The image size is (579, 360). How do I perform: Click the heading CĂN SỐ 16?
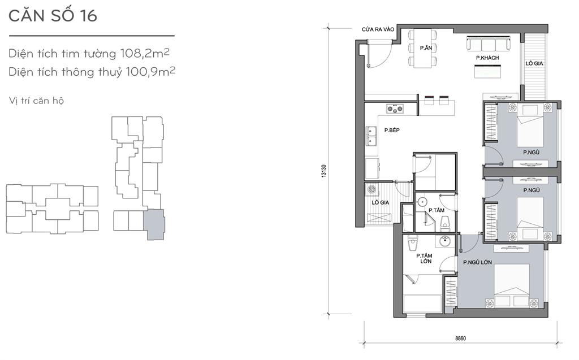tap(53, 15)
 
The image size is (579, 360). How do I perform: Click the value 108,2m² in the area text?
tap(145, 53)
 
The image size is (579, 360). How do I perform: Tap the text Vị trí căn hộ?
tap(36, 101)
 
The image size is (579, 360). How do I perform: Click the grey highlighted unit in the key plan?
tap(154, 224)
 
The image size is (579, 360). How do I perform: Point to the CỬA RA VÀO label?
tap(378, 29)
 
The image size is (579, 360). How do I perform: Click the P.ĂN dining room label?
tap(426, 47)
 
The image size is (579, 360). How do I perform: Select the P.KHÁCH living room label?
tap(487, 58)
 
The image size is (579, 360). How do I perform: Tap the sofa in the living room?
tap(488, 44)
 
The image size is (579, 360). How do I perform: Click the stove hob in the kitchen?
tap(395, 109)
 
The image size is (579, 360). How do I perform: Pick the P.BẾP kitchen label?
tap(392, 130)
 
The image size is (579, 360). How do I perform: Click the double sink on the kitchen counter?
tap(371, 136)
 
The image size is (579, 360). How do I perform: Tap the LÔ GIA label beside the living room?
tap(534, 63)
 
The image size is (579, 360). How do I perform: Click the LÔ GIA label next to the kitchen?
tap(381, 202)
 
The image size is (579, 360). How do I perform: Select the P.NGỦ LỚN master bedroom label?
tap(477, 262)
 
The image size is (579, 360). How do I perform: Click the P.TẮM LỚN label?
tap(425, 258)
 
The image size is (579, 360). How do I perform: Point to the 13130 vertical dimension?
tap(324, 171)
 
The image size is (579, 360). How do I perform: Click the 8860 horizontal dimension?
tap(460, 338)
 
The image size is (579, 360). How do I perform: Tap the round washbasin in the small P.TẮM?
tap(422, 202)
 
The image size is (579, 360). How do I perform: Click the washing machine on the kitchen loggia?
tap(371, 190)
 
